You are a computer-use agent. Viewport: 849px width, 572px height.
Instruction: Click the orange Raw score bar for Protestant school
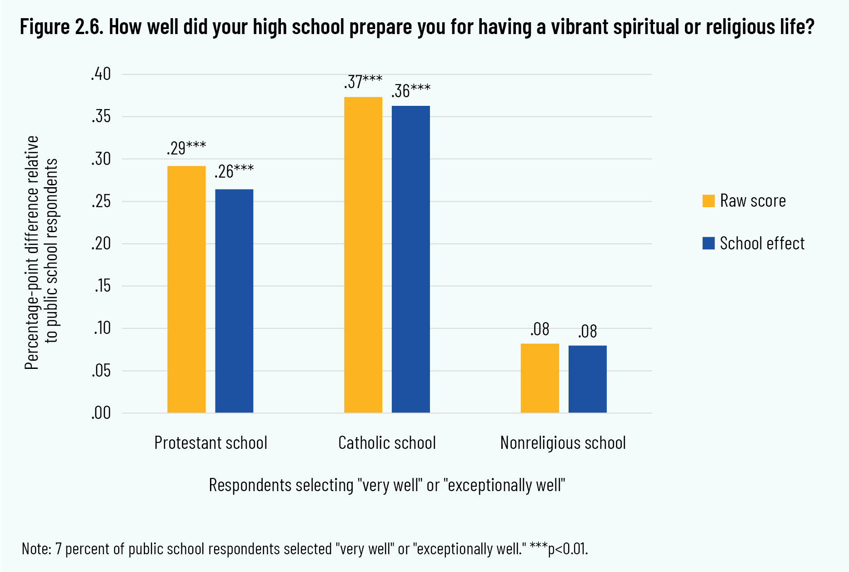[x=186, y=289]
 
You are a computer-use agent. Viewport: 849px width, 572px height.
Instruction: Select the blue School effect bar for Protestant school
[x=234, y=301]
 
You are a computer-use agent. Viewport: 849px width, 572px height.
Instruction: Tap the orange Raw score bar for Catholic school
[x=363, y=254]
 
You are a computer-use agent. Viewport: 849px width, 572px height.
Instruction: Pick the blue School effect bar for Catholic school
[x=411, y=259]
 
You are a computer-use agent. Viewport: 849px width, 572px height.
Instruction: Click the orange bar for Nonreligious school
[x=539, y=378]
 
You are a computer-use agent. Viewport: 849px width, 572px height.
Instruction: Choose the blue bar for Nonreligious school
[x=587, y=379]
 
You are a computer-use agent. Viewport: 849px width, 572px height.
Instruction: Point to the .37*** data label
[x=363, y=82]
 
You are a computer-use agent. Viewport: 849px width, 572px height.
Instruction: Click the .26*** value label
[x=234, y=171]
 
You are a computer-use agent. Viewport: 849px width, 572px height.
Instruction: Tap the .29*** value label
[x=186, y=148]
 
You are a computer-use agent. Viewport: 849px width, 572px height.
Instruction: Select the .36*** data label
[x=411, y=91]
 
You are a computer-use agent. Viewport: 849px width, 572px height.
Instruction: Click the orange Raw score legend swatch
[x=709, y=201]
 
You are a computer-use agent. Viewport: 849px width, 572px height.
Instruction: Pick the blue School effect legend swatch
[x=709, y=243]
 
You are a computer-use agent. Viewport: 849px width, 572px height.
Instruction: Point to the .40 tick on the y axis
[x=101, y=74]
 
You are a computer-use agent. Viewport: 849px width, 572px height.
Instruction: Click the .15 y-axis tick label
[x=102, y=286]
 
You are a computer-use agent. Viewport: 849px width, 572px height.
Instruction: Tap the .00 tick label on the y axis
[x=101, y=413]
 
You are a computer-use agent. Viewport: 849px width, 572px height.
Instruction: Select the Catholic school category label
[x=387, y=443]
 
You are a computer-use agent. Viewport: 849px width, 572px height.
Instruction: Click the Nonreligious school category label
[x=563, y=443]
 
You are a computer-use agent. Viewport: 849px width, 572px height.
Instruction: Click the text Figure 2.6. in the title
[x=62, y=27]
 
